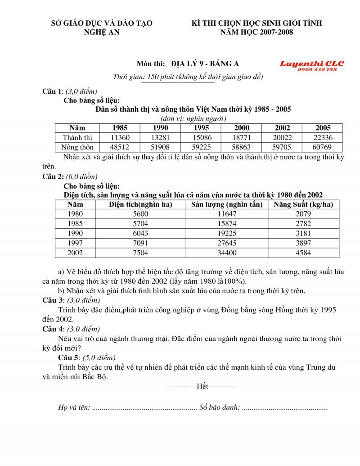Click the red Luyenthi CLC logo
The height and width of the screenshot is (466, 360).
tap(311, 64)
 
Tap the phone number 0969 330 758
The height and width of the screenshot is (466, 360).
tap(317, 70)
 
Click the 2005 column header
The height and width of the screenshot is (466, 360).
tap(323, 128)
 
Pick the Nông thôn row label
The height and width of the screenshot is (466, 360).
tap(78, 147)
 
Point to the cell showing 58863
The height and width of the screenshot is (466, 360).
tap(242, 147)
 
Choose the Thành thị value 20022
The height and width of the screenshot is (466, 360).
tap(282, 137)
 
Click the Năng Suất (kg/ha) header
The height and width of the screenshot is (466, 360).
tap(303, 204)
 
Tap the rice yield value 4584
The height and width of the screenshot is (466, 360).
tap(303, 253)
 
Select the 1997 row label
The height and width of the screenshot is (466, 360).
tap(75, 243)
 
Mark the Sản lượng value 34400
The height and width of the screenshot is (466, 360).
tap(226, 253)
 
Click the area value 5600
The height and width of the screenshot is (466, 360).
tap(141, 214)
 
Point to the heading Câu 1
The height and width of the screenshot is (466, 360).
tap(52, 91)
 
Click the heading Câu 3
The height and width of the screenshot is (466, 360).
tap(52, 300)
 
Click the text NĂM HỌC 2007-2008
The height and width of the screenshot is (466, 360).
tap(256, 32)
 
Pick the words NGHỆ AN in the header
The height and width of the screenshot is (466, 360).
tap(102, 32)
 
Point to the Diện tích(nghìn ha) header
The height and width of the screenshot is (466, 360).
tap(141, 204)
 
